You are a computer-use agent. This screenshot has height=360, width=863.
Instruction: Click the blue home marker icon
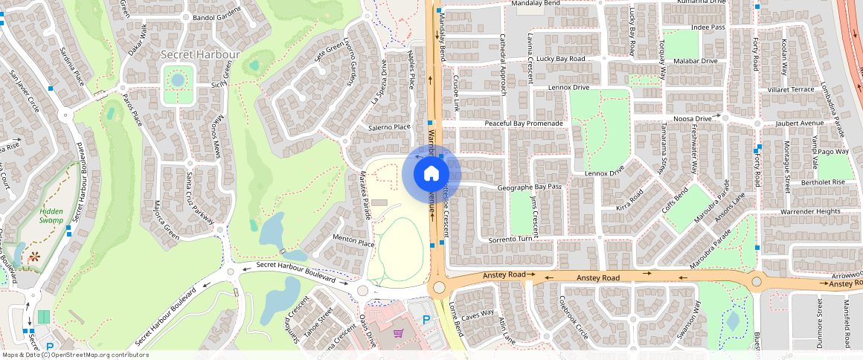coord(431,174)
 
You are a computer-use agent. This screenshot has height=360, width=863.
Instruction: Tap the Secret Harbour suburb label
coord(201,55)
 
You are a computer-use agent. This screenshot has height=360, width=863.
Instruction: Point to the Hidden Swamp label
coord(51,216)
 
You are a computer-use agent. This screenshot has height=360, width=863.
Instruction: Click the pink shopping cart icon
coord(399,333)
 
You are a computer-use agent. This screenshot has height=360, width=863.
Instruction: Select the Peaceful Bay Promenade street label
coord(525,123)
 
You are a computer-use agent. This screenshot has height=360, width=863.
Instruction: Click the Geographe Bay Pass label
coord(529,188)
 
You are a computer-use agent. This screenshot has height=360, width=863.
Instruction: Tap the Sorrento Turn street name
coord(512,240)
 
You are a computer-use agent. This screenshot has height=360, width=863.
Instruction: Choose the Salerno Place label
coord(389,127)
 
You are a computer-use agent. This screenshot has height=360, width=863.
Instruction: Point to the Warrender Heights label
coord(810,212)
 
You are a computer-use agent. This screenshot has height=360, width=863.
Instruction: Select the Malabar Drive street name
coord(693,61)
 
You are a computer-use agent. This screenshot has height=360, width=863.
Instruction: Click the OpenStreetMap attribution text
coord(75,355)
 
